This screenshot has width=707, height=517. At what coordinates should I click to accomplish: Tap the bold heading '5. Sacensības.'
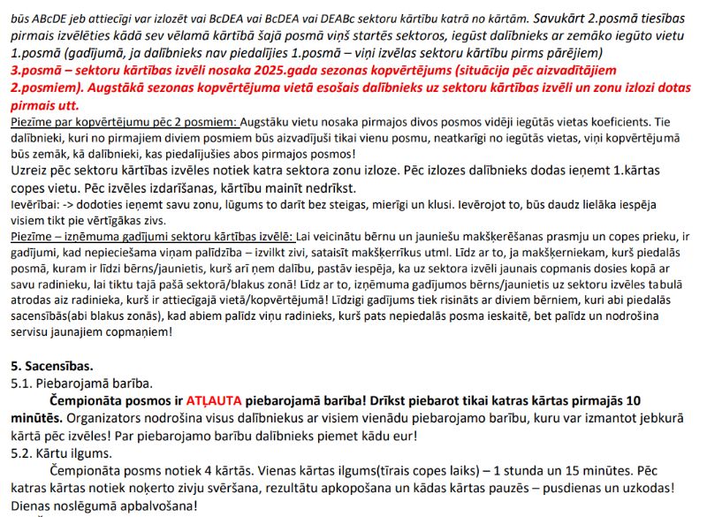(x=49, y=364)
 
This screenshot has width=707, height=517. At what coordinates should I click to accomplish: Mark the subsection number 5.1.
(x=19, y=383)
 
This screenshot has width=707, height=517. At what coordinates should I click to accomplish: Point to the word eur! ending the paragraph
(x=402, y=435)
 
